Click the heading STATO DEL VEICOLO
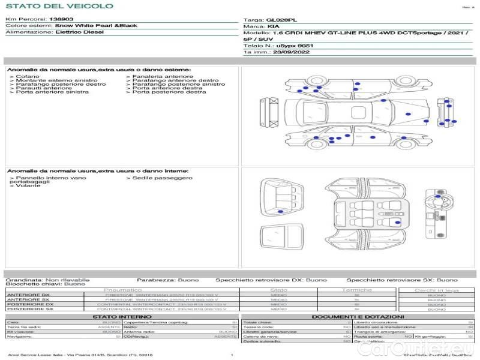tap(59, 6)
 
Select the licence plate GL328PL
tap(281, 20)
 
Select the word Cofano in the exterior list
tap(28, 77)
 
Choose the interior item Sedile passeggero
tap(163, 178)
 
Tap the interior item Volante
tap(28, 186)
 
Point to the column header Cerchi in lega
tap(436, 290)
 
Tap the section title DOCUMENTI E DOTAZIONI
tap(358, 316)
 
